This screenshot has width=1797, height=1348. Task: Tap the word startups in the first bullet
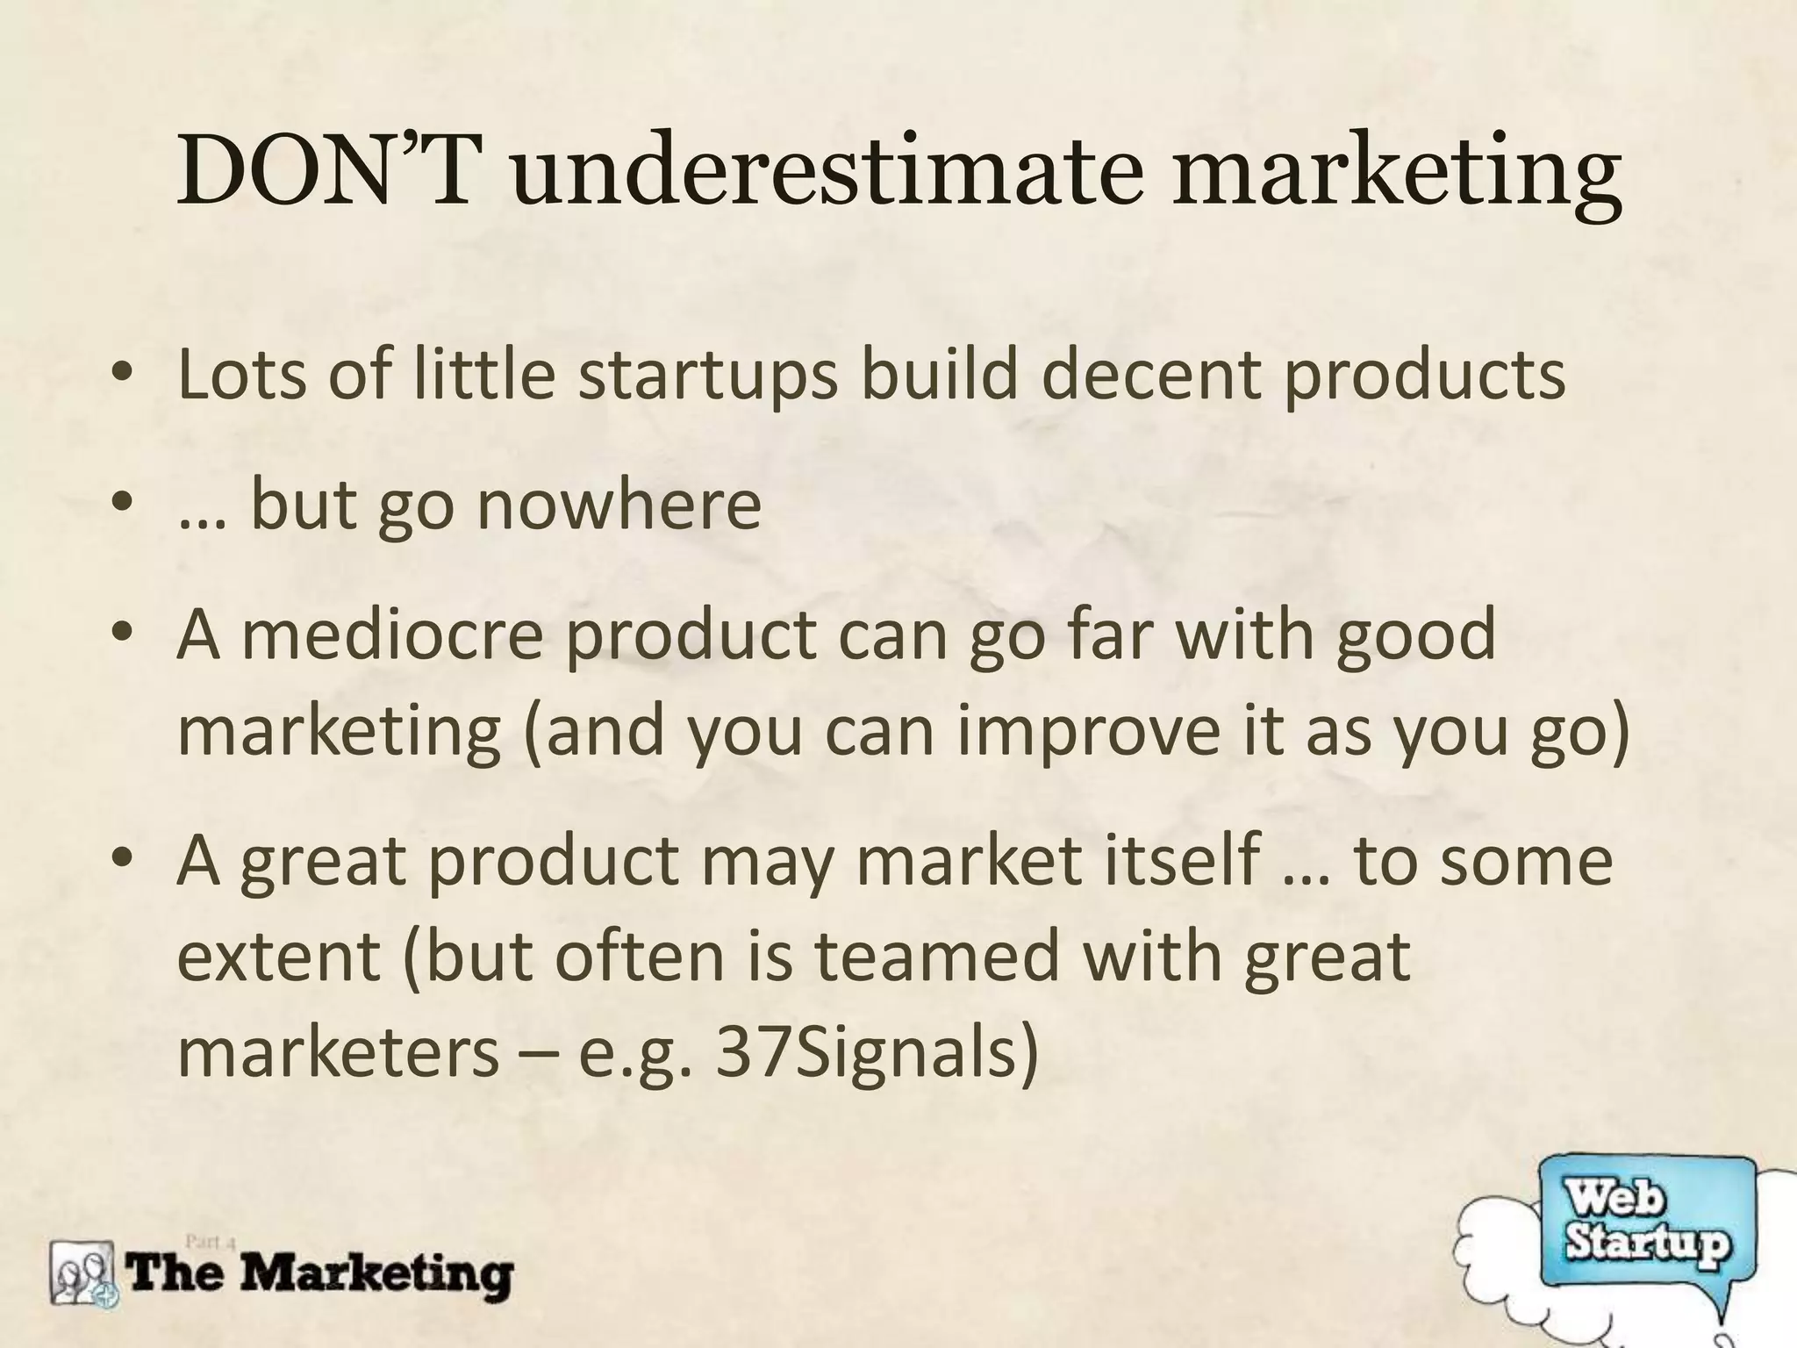[708, 375]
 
